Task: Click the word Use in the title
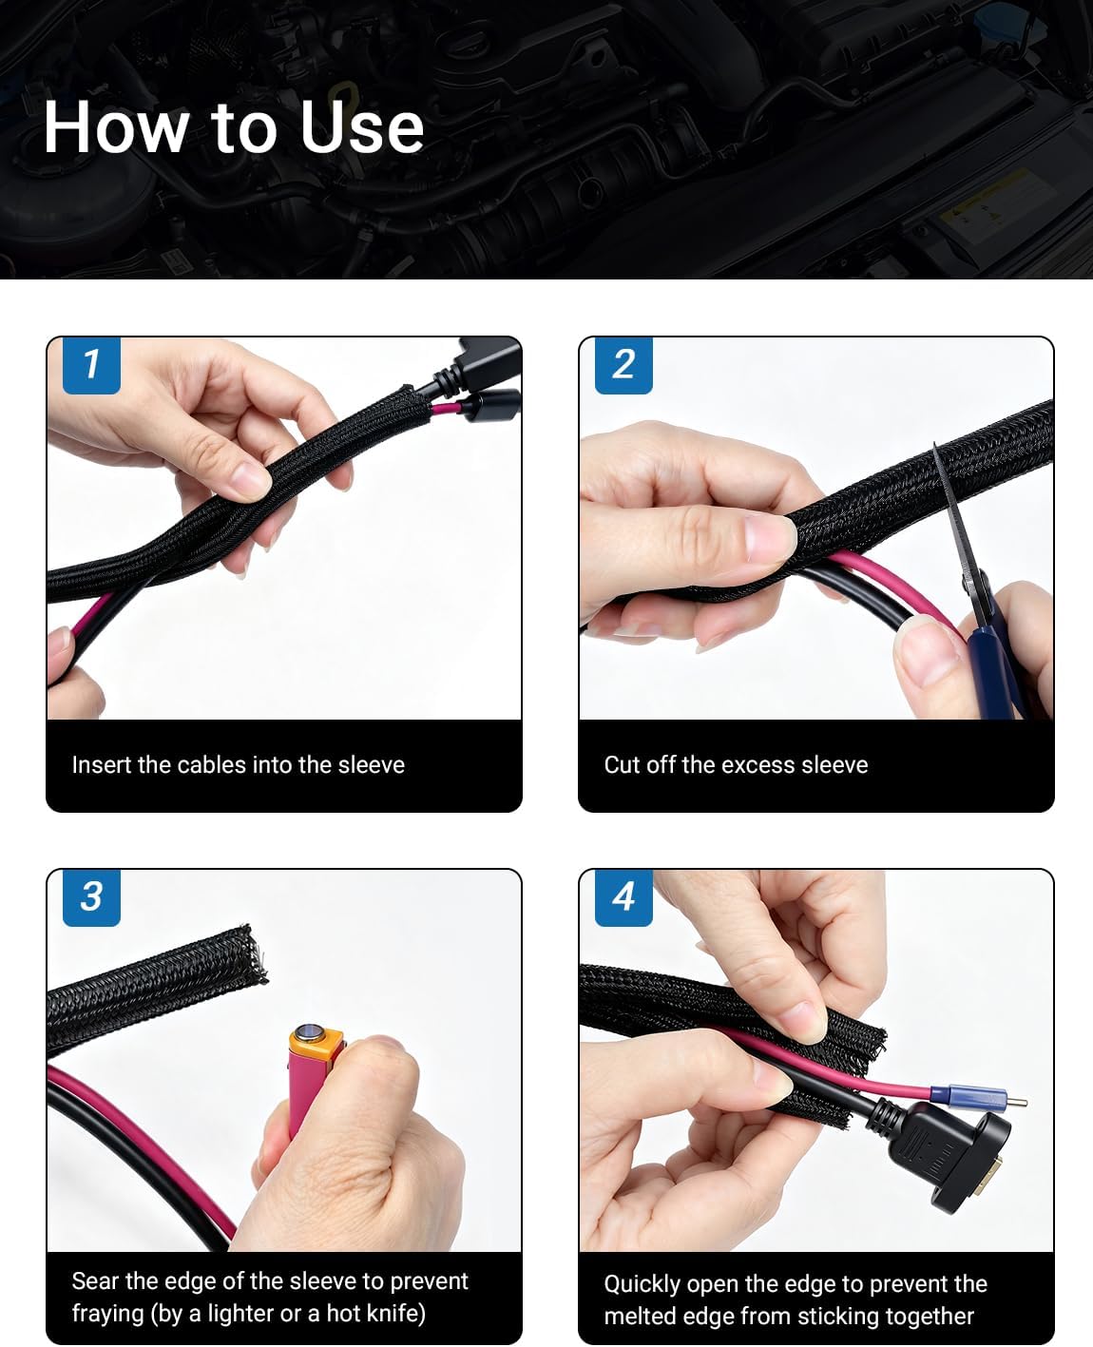(361, 127)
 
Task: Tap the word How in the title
(116, 127)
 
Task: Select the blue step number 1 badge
(91, 366)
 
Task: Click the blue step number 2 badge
(623, 366)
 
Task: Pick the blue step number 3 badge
(91, 897)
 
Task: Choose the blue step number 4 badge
(623, 897)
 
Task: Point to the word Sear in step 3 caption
(95, 1281)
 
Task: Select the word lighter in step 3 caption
(240, 1314)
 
